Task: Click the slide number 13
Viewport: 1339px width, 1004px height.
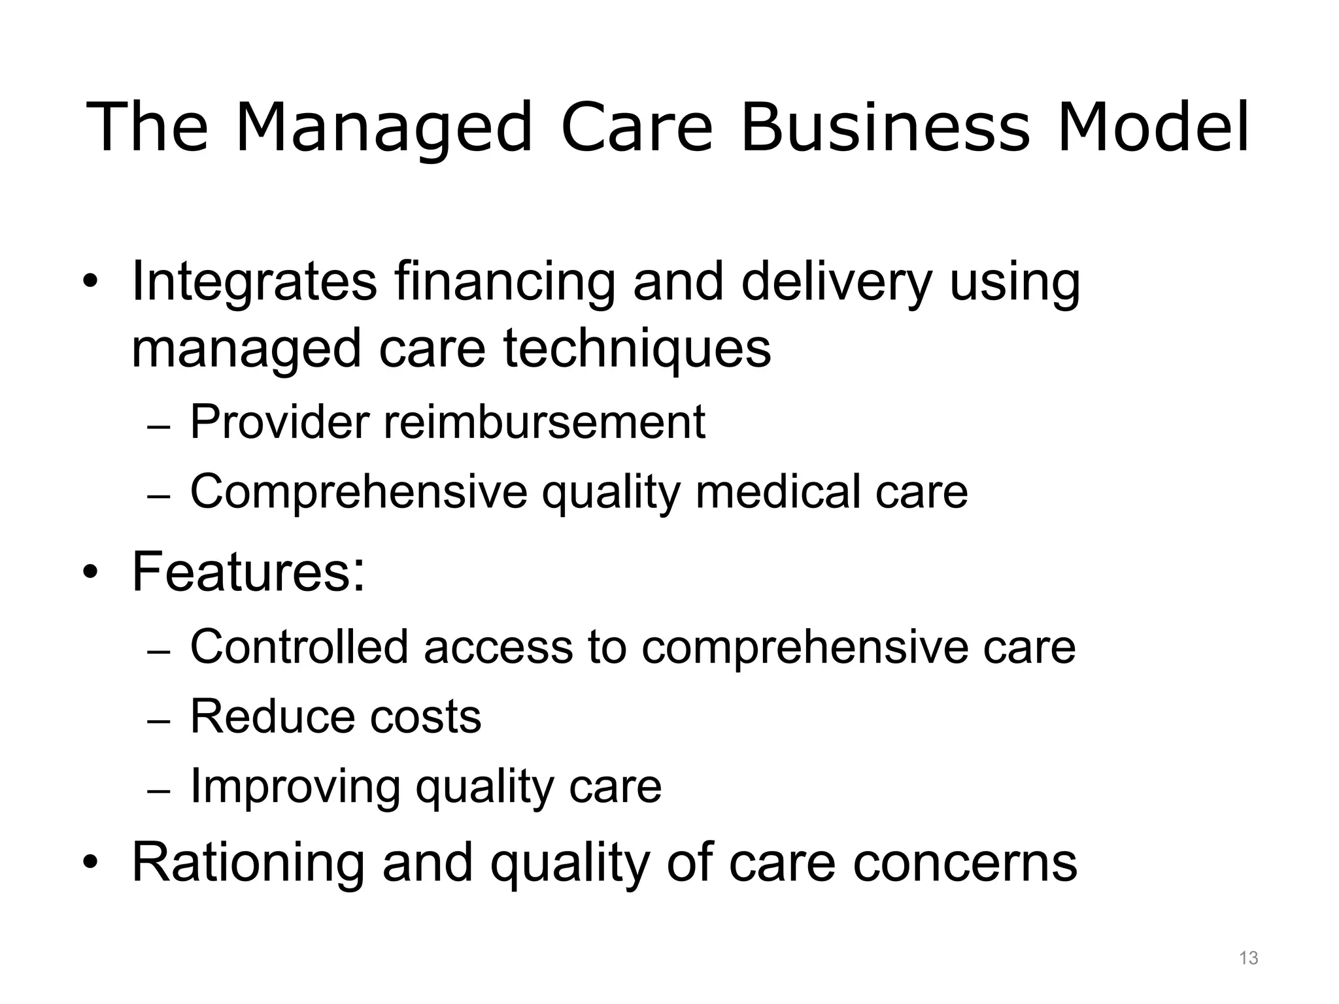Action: tap(1248, 958)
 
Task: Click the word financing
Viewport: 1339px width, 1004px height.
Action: tap(505, 282)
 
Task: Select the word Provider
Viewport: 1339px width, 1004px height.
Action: tap(280, 422)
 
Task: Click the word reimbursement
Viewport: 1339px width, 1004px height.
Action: tap(545, 422)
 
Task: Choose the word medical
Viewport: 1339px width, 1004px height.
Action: tap(777, 492)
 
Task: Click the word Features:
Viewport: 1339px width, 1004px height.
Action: tap(248, 572)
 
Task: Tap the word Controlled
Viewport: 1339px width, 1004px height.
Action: tap(299, 646)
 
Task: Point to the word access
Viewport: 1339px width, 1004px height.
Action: tap(498, 646)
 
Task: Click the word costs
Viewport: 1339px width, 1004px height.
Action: tap(426, 716)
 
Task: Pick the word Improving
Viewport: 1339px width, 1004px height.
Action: tap(295, 786)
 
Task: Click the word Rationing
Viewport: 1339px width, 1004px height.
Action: tap(248, 862)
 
